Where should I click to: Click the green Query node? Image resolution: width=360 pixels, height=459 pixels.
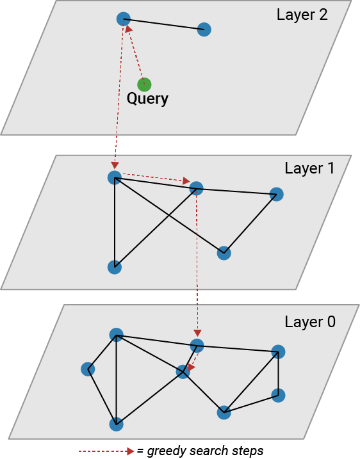click(x=144, y=84)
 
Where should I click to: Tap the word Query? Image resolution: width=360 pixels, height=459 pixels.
click(x=147, y=99)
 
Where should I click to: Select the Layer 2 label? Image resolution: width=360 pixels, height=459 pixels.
click(x=302, y=15)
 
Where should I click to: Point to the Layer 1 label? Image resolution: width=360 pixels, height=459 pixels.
click(x=309, y=168)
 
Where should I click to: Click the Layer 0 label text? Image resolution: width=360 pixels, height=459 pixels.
click(x=309, y=322)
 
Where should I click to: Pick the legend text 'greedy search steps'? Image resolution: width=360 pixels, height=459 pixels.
click(x=205, y=451)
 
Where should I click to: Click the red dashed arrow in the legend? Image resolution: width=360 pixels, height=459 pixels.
click(x=106, y=451)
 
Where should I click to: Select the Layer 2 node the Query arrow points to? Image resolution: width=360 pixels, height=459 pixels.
click(x=124, y=19)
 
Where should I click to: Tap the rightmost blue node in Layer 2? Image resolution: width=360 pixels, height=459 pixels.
click(x=204, y=29)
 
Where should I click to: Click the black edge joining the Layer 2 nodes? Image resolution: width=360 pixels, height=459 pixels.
click(x=164, y=24)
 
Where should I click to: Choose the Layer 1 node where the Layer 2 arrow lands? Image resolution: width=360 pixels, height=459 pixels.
click(x=115, y=177)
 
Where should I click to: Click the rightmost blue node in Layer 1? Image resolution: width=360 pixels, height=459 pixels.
click(x=276, y=194)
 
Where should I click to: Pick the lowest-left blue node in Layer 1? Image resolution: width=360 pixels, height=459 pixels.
click(x=115, y=267)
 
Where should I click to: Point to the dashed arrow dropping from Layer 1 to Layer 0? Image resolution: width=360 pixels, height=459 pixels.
click(x=196, y=262)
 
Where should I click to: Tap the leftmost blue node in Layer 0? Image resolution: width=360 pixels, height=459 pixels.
click(x=88, y=369)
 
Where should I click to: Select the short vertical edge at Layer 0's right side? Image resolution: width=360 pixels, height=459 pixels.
click(x=278, y=373)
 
